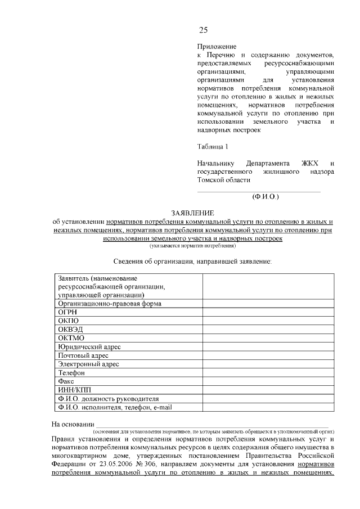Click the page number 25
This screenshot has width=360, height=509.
[203, 30]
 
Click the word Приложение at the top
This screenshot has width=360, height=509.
[217, 46]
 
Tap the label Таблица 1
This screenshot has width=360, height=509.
[213, 147]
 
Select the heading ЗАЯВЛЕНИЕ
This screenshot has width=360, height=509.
[193, 213]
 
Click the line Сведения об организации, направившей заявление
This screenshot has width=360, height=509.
[192, 262]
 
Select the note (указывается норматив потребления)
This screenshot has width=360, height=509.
[193, 246]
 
